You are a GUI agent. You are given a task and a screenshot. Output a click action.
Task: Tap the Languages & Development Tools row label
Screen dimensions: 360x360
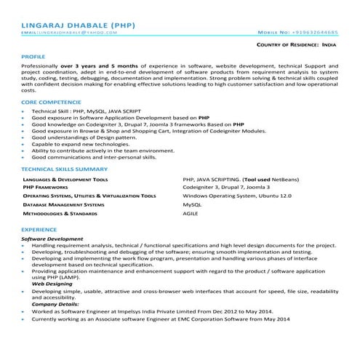coord(65,178)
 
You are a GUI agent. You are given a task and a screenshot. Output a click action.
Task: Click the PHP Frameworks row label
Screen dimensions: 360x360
coord(48,187)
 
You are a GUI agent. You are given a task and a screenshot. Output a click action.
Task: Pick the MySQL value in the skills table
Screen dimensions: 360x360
coord(192,205)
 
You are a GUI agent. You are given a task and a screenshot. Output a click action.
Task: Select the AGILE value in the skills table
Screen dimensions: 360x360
coord(191,215)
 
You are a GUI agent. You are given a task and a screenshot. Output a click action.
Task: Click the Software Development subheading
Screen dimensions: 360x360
coord(52,239)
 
